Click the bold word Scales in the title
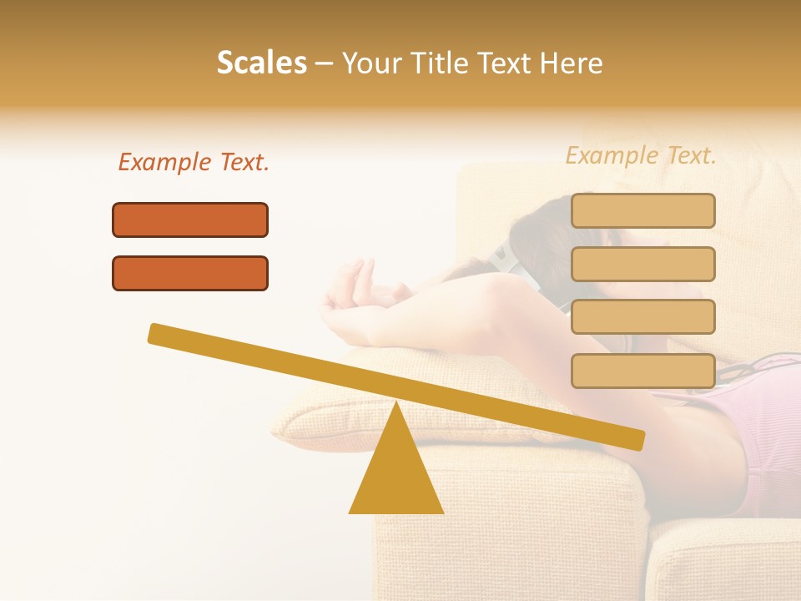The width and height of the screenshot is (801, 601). click(x=261, y=63)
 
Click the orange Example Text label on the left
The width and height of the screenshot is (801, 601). click(x=194, y=162)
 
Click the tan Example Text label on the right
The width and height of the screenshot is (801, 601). click(x=641, y=155)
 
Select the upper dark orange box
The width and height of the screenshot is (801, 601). click(x=190, y=220)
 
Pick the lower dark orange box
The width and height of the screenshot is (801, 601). click(x=190, y=273)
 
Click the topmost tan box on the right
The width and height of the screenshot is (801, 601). click(x=642, y=210)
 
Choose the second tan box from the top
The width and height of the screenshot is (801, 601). click(x=642, y=264)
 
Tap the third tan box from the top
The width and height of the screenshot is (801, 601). click(x=642, y=317)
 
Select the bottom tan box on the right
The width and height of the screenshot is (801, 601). click(x=642, y=371)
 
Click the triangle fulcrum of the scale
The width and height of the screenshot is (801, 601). click(x=396, y=476)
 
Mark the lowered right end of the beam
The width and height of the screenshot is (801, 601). click(x=634, y=439)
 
